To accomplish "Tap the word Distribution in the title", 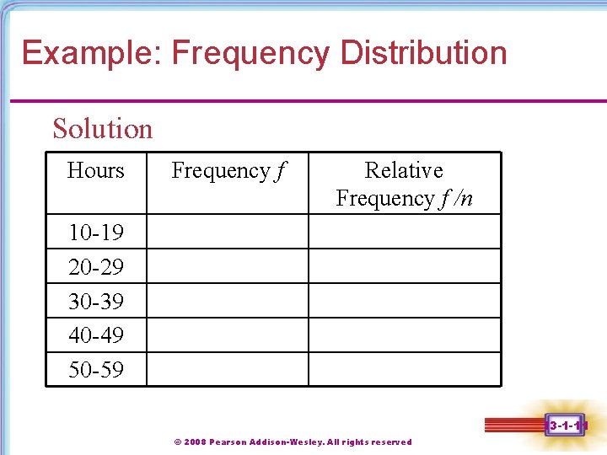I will (x=423, y=53).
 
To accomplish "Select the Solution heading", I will (x=102, y=129).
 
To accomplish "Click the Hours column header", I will (x=95, y=170).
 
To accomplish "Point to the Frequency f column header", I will (x=228, y=171).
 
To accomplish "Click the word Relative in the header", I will (x=404, y=170).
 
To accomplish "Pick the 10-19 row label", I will (x=95, y=232).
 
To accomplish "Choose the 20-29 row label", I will (x=95, y=267).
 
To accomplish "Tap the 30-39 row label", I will (x=95, y=301).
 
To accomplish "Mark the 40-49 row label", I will (x=95, y=335).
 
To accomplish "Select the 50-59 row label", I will (x=95, y=370).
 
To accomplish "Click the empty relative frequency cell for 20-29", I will (x=405, y=266).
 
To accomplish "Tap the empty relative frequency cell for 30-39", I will (x=405, y=301).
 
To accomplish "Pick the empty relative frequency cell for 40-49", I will (x=405, y=335).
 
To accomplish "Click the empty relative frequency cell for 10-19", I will (x=405, y=232).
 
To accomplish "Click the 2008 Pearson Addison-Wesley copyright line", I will (x=293, y=442).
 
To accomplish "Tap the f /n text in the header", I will (x=455, y=199).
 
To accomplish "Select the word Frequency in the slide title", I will (x=250, y=53).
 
